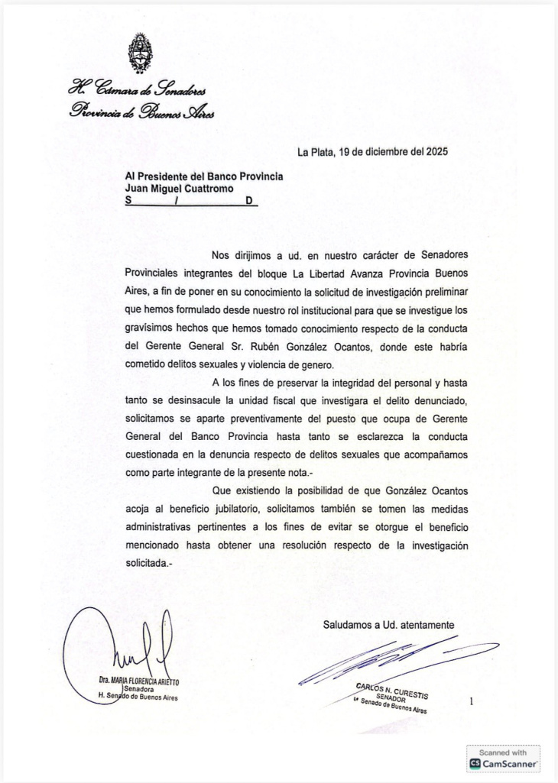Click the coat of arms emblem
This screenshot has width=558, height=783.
[139, 53]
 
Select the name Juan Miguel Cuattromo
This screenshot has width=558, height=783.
[180, 188]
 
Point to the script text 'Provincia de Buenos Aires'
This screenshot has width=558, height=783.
[141, 112]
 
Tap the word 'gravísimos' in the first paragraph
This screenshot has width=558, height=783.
[151, 329]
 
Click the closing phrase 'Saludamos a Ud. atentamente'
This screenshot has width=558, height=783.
[388, 624]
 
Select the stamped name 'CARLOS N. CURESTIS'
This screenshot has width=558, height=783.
[392, 690]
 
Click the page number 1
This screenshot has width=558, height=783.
[472, 700]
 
